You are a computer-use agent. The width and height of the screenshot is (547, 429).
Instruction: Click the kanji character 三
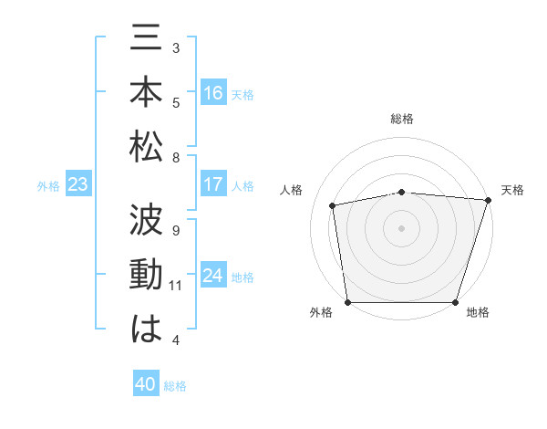pos(147,43)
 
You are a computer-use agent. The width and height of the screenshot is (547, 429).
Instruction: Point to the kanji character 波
pos(147,222)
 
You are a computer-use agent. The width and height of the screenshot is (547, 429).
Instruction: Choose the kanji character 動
pos(147,275)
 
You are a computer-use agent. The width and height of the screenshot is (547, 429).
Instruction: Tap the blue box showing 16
pos(213,93)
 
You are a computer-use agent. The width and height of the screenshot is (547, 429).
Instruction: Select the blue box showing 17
pos(213,184)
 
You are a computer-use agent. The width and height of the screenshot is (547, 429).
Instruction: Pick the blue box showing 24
pos(213,276)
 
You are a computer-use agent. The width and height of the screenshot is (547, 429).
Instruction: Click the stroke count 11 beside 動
pos(176,286)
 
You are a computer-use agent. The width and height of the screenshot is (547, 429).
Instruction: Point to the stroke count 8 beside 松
pos(176,158)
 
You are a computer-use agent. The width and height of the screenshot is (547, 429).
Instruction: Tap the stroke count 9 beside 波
pos(176,230)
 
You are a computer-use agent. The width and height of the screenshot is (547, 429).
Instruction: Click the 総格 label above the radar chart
pos(402,119)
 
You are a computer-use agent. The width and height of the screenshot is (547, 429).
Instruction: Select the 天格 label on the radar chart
pos(513,190)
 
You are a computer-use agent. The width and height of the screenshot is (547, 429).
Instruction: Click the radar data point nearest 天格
pos(488,200)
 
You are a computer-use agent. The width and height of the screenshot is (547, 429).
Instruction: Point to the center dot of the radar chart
pos(402,227)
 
